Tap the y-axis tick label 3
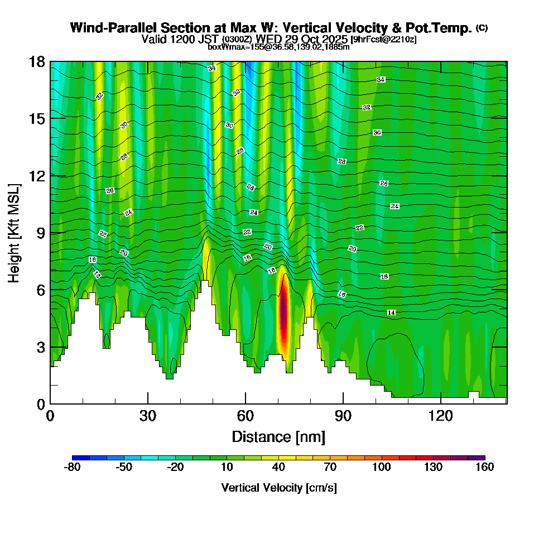click(41, 347)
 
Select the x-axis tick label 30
click(148, 416)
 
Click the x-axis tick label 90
click(343, 416)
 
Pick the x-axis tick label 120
click(441, 416)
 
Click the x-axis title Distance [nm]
click(278, 436)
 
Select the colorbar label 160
click(485, 467)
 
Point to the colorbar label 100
click(382, 467)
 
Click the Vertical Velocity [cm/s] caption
click(278, 488)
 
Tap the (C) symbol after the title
click(482, 28)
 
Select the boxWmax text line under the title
click(278, 47)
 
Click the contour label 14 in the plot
click(391, 313)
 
